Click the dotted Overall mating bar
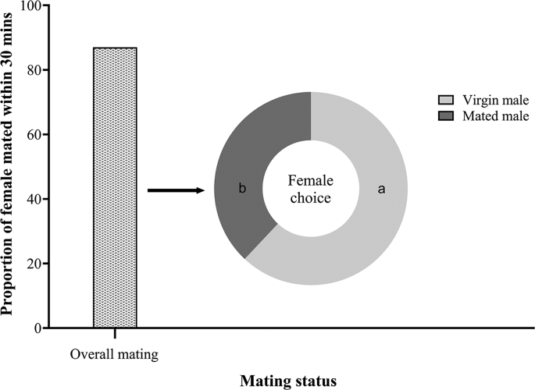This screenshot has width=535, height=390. click(115, 187)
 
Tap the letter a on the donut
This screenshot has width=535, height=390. click(381, 189)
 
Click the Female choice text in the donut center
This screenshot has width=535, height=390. click(310, 189)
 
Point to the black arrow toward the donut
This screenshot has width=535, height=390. click(175, 190)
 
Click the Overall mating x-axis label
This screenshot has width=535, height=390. click(114, 354)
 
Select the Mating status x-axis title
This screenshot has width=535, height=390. click(290, 381)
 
